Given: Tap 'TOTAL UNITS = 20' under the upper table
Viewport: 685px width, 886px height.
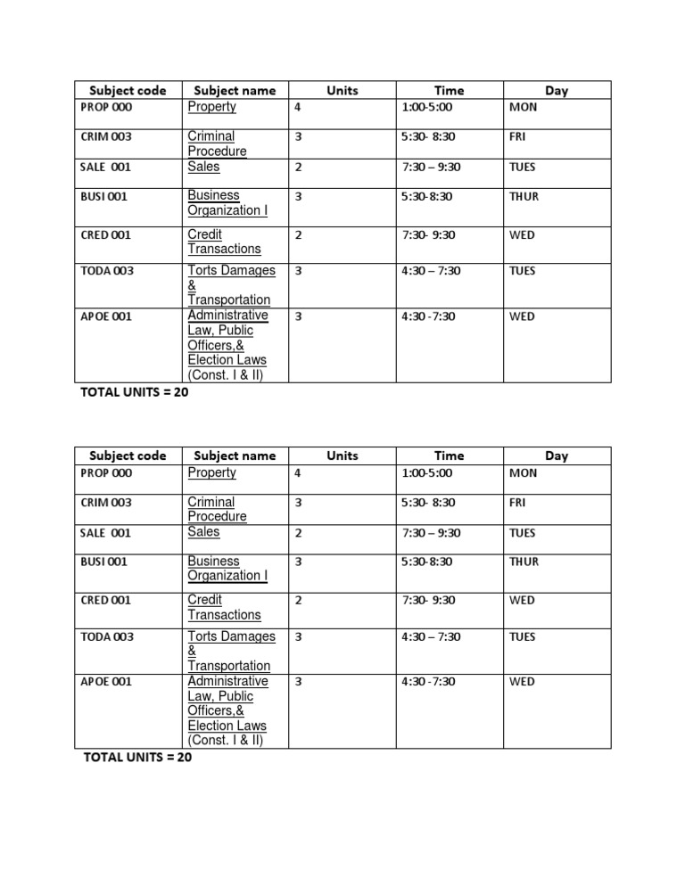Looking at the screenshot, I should click(135, 391).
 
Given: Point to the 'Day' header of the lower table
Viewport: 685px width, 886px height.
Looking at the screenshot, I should click(557, 455).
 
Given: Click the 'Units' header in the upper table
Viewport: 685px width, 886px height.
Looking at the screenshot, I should click(342, 90).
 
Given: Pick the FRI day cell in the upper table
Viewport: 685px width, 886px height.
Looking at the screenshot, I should click(517, 137).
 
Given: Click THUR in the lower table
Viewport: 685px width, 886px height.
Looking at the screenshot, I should click(524, 562).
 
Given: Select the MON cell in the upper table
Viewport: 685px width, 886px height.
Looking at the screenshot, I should click(524, 108).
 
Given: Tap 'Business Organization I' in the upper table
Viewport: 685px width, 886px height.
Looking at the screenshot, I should click(227, 203).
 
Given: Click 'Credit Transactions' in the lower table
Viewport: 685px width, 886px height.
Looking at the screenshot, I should click(224, 607).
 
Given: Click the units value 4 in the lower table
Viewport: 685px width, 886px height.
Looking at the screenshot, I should click(298, 474).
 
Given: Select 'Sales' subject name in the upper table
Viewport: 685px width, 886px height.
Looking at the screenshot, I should click(203, 167).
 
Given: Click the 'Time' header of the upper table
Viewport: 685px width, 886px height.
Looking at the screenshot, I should click(450, 90).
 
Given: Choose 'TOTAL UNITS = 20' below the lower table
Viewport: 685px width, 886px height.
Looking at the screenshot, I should click(137, 758).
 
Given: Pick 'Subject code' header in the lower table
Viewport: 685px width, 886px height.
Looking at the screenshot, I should click(128, 455).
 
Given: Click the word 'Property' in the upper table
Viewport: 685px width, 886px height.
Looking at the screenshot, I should click(211, 107).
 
